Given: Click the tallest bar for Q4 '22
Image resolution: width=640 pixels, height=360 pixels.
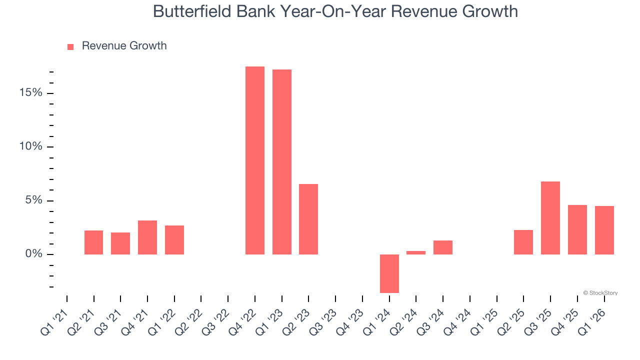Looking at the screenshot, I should click(254, 160).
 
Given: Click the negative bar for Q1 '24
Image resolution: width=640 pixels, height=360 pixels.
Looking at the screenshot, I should click(389, 273).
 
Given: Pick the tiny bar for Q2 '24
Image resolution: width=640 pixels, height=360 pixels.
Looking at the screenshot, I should click(416, 252).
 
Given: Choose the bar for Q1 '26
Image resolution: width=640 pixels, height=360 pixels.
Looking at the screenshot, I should click(604, 230).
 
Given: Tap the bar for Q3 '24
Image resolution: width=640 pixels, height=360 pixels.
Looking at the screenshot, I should click(443, 247).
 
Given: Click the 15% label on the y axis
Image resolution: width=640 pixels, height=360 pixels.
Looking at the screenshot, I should click(31, 93).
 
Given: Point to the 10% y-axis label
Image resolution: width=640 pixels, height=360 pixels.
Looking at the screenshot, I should click(31, 146).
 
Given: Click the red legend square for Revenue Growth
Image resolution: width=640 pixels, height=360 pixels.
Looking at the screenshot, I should click(70, 46).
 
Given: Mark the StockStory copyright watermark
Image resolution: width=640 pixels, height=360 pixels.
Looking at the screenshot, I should click(600, 293).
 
